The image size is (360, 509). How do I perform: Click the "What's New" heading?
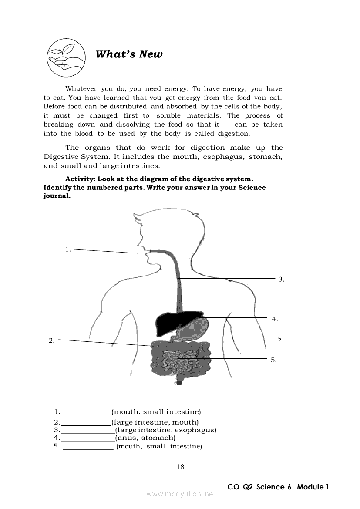(x=129, y=54)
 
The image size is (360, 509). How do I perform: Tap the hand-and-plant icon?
(x=66, y=57)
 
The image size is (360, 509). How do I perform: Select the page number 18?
(x=180, y=467)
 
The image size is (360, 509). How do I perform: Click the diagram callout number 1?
(x=68, y=249)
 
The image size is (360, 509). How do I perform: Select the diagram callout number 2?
(x=51, y=341)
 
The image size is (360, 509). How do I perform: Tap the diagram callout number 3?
(x=281, y=279)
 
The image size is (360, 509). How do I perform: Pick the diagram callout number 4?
(x=275, y=319)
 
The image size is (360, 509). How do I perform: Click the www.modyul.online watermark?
(x=180, y=494)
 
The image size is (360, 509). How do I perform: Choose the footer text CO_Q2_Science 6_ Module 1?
(x=278, y=487)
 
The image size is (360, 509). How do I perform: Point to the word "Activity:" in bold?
(x=80, y=179)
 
